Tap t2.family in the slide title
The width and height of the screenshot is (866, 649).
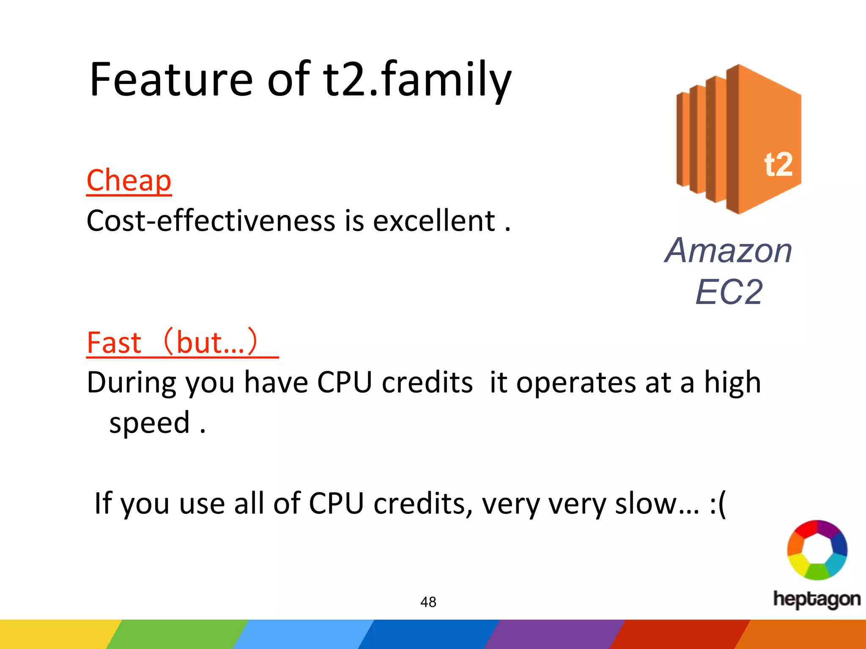click(417, 80)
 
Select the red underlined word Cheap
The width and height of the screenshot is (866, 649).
click(129, 180)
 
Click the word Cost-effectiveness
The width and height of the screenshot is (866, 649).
click(210, 221)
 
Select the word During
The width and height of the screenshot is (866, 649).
click(132, 383)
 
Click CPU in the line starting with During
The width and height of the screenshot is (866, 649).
click(344, 383)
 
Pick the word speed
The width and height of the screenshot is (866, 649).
click(149, 423)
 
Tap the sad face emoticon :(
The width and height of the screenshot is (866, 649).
click(718, 504)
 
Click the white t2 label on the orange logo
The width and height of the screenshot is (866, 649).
click(778, 165)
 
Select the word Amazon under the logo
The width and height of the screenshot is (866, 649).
click(728, 251)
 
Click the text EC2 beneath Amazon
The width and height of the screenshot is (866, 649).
click(729, 292)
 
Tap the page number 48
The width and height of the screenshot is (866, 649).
click(428, 602)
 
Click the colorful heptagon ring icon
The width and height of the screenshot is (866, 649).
click(817, 550)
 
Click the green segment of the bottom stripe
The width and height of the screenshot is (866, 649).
click(178, 634)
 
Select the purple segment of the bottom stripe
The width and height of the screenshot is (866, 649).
click(554, 634)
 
